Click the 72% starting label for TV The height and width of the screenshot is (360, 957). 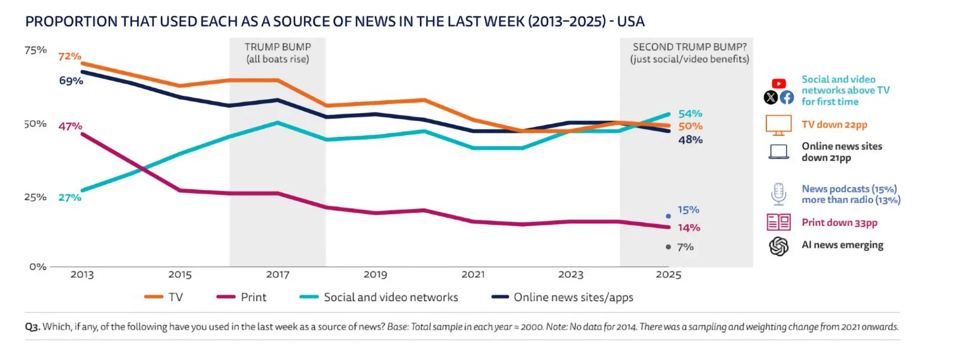69,56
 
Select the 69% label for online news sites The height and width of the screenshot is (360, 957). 71,81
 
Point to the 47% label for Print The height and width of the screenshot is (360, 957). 70,126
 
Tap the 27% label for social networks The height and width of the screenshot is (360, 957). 69,197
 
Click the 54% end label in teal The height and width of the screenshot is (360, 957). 690,114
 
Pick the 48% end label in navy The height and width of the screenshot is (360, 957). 690,140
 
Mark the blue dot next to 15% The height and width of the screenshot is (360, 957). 668,216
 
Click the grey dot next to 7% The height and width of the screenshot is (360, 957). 668,247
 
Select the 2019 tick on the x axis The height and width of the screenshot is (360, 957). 375,274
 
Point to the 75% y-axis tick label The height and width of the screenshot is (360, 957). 35,50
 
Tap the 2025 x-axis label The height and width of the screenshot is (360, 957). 668,274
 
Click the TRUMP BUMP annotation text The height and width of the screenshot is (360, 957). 278,53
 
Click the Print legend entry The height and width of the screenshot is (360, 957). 242,297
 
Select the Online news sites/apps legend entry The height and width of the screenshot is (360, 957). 562,297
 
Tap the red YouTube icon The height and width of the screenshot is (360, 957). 779,84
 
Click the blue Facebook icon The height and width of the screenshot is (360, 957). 787,97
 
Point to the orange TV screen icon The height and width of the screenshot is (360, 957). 778,125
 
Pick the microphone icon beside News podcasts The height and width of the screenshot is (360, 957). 778,194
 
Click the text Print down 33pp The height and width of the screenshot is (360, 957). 839,222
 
